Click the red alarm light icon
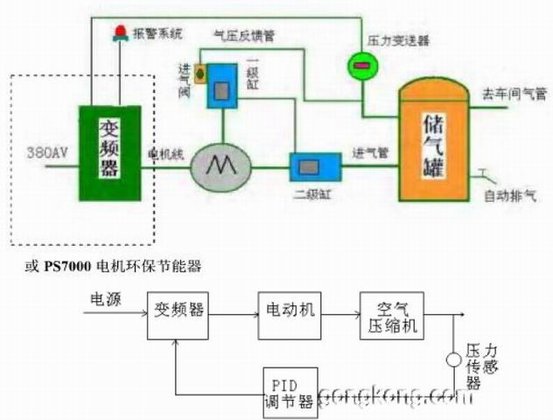(120, 34)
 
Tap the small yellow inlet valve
(200, 72)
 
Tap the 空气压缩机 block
(392, 316)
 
